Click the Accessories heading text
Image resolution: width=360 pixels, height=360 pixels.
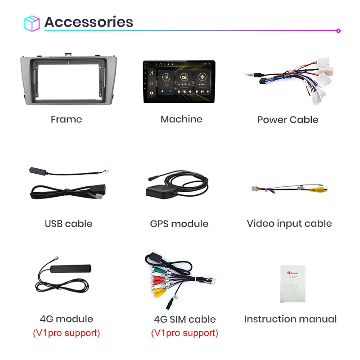pyautogui.click(x=89, y=22)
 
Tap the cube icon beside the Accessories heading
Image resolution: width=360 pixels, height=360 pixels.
pyautogui.click(x=32, y=23)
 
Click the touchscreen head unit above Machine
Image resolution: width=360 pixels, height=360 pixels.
pyautogui.click(x=179, y=81)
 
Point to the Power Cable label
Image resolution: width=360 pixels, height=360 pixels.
pyautogui.click(x=288, y=120)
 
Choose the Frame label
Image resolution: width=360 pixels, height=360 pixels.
pyautogui.click(x=66, y=119)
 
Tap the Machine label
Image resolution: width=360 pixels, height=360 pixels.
pyautogui.click(x=181, y=119)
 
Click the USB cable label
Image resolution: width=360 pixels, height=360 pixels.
pyautogui.click(x=68, y=224)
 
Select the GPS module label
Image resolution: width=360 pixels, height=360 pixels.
pyautogui.click(x=179, y=224)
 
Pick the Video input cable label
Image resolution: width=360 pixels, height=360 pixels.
pyautogui.click(x=289, y=224)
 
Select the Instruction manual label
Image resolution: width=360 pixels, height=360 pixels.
pyautogui.click(x=290, y=319)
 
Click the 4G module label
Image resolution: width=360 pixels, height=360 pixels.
pyautogui.click(x=66, y=319)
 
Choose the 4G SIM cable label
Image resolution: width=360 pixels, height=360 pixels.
pyautogui.click(x=184, y=319)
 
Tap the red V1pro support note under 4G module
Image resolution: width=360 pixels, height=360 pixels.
pyautogui.click(x=66, y=333)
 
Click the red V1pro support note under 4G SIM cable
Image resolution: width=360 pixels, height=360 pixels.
pyautogui.click(x=184, y=333)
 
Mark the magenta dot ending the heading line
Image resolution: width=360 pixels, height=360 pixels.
pyautogui.click(x=338, y=31)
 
